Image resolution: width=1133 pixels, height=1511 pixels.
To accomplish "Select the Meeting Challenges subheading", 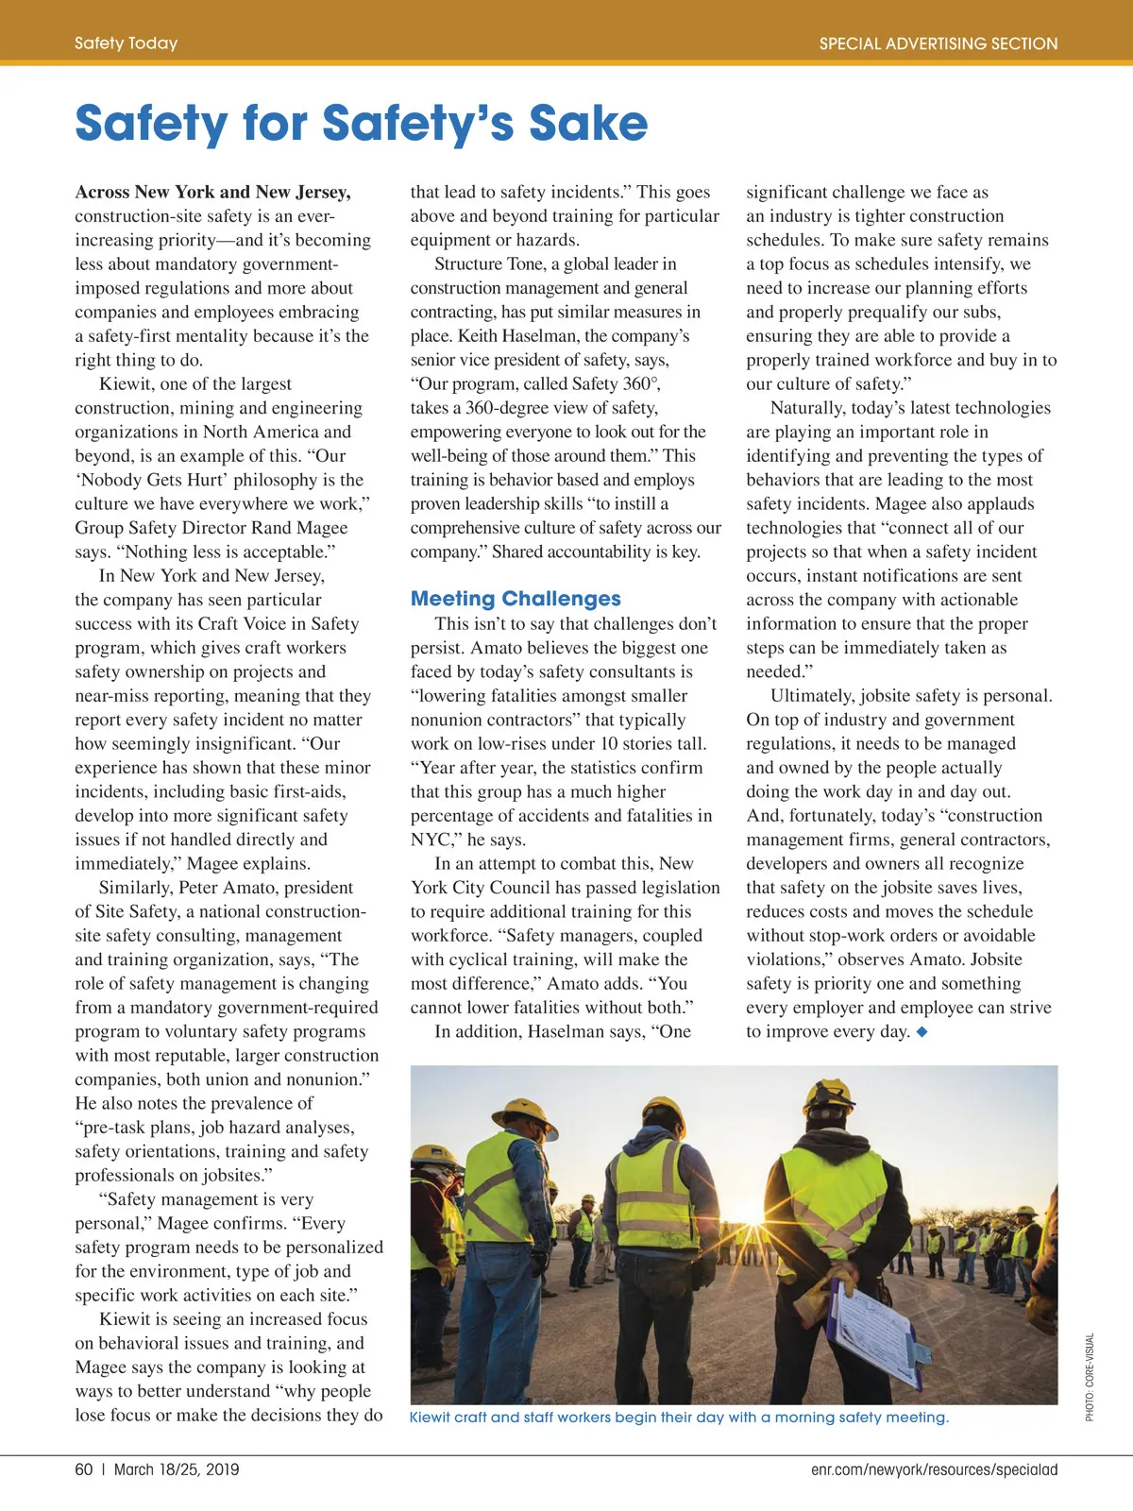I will [x=516, y=599].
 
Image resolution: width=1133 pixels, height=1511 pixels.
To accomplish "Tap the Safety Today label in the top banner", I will [x=126, y=43].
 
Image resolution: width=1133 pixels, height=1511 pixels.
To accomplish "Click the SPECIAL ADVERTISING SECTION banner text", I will [x=938, y=43].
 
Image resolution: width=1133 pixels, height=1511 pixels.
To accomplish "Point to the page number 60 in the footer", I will [x=84, y=1469].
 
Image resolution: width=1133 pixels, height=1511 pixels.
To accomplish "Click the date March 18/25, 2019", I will [x=177, y=1469].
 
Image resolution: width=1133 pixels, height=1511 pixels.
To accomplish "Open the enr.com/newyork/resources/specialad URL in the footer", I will [x=934, y=1469].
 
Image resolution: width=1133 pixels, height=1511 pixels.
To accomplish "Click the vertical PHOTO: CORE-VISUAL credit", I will [x=1090, y=1376].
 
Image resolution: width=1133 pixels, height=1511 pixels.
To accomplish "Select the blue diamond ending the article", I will [x=922, y=1032].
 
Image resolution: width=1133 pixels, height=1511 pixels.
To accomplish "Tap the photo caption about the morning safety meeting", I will [x=679, y=1418].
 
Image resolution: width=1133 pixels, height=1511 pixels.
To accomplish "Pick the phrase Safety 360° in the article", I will [x=614, y=384].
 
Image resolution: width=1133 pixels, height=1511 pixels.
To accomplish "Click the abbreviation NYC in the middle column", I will [x=431, y=840].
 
